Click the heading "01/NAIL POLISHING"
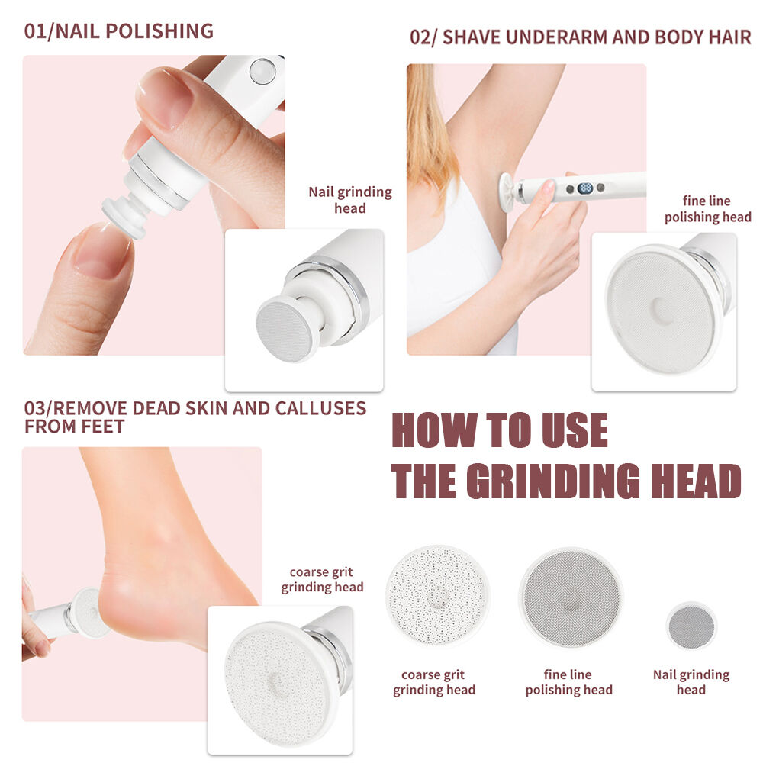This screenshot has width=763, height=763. (x=119, y=31)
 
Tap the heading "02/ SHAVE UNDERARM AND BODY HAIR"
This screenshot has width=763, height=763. (x=581, y=37)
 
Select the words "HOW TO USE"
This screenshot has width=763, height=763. (x=500, y=430)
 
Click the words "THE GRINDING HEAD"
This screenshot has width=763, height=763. (x=566, y=481)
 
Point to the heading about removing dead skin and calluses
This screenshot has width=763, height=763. (x=195, y=417)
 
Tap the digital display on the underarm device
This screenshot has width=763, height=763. (x=585, y=188)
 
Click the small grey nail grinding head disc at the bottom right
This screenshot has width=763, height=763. (x=691, y=626)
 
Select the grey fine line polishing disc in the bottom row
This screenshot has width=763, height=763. (x=571, y=598)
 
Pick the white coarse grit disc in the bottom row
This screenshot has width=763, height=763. (x=437, y=596)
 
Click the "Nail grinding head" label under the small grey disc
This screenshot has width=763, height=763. (x=691, y=682)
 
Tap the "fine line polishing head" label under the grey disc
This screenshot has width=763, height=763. (x=569, y=682)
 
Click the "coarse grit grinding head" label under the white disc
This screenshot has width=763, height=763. (x=434, y=682)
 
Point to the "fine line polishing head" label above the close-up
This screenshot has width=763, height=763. (x=708, y=209)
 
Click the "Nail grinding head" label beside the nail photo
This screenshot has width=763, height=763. (x=350, y=200)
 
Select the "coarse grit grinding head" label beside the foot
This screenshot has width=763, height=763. (x=322, y=580)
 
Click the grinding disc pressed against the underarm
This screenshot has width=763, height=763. (x=507, y=190)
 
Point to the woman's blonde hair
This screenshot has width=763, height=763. (x=426, y=127)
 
